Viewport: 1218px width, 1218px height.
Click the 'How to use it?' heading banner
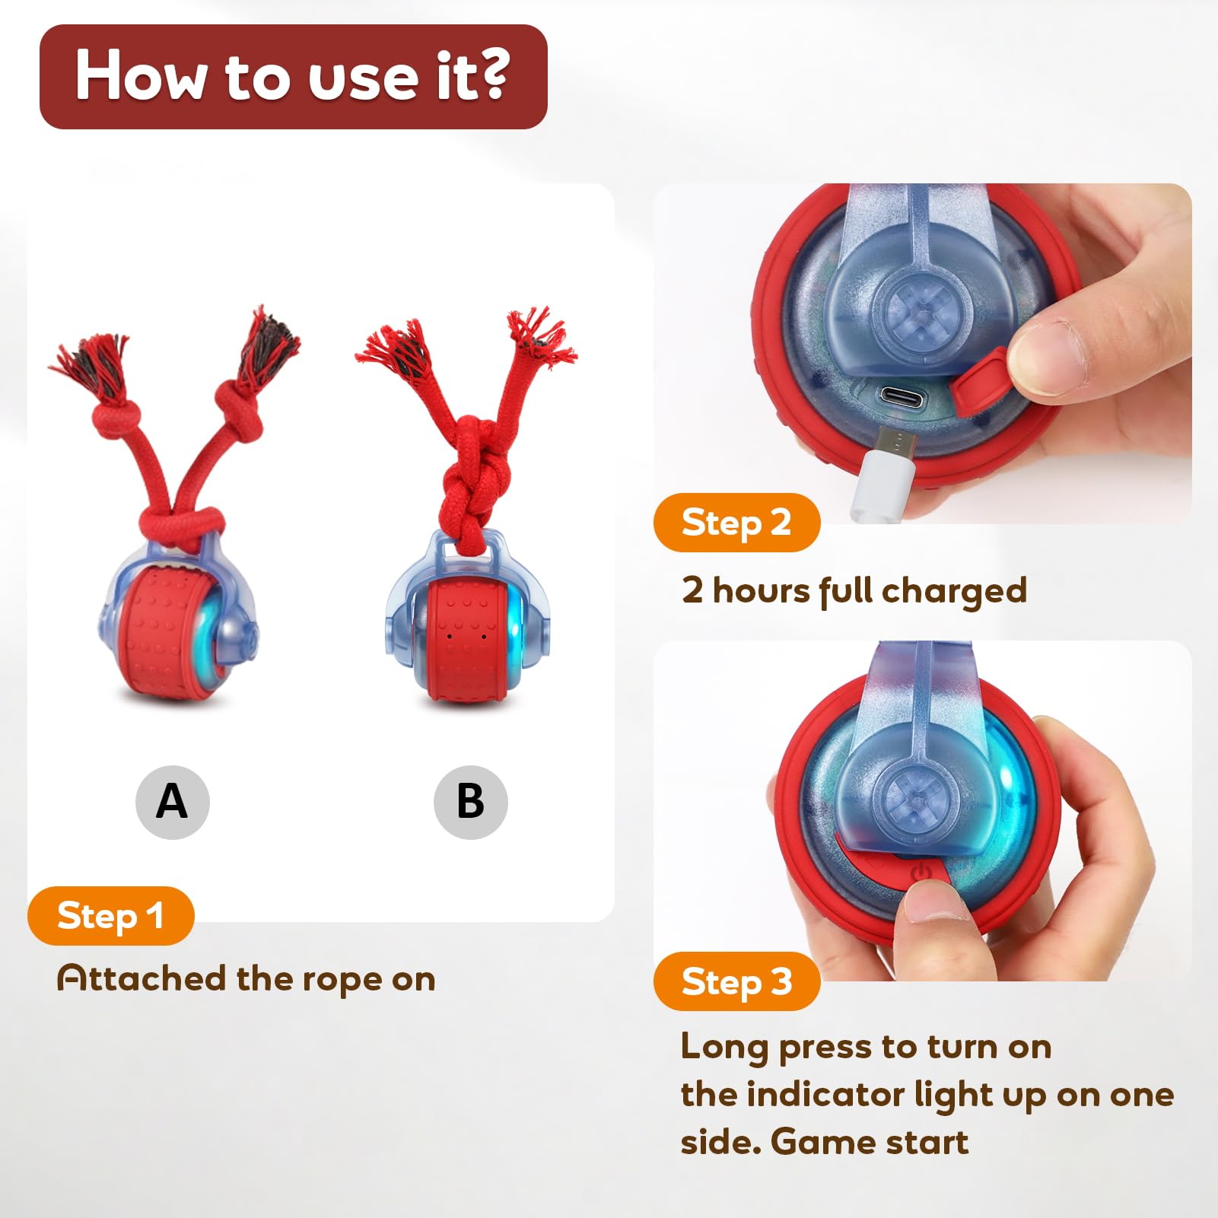coord(293,76)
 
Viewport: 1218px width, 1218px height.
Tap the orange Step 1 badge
coord(110,915)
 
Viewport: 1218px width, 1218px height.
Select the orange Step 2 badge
coord(736,522)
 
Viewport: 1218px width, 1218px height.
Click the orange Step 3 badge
coord(736,981)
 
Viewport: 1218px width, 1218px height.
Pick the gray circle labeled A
coord(172,802)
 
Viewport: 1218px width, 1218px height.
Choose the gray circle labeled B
coord(470,802)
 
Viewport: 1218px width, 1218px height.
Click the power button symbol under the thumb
coord(921,872)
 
